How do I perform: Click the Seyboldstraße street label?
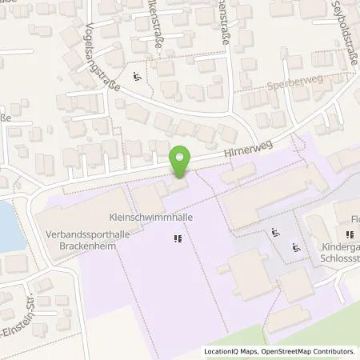click(326, 22)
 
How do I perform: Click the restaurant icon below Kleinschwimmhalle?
click(177, 238)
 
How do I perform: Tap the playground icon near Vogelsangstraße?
click(137, 77)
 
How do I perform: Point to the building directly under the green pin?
click(178, 186)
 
